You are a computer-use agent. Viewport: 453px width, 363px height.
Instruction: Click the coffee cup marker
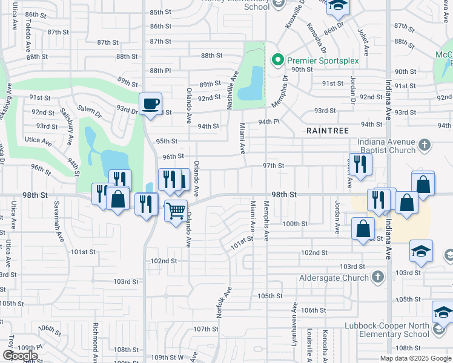click(x=150, y=104)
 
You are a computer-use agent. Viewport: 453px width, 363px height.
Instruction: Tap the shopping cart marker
click(x=175, y=212)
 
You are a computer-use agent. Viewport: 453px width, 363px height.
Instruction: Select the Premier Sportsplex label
click(x=323, y=60)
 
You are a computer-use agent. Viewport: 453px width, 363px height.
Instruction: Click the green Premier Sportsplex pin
click(x=278, y=59)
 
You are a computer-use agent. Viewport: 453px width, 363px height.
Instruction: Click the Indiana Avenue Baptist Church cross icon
click(x=424, y=145)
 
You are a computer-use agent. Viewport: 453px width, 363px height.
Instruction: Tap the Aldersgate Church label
click(x=334, y=278)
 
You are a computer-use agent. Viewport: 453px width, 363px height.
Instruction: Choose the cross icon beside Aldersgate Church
click(x=377, y=278)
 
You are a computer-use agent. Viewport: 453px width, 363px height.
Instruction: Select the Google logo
click(x=20, y=356)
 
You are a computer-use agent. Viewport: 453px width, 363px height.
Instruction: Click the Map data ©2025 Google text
click(x=415, y=358)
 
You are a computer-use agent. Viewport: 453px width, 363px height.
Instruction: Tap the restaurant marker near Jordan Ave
click(x=360, y=165)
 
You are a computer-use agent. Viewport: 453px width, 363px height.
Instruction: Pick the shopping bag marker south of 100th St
click(x=363, y=229)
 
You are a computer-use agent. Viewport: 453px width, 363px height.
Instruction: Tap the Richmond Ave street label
click(x=96, y=339)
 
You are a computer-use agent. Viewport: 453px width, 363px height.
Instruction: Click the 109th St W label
click(x=167, y=358)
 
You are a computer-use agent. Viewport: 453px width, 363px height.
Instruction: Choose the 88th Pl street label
click(x=160, y=71)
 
